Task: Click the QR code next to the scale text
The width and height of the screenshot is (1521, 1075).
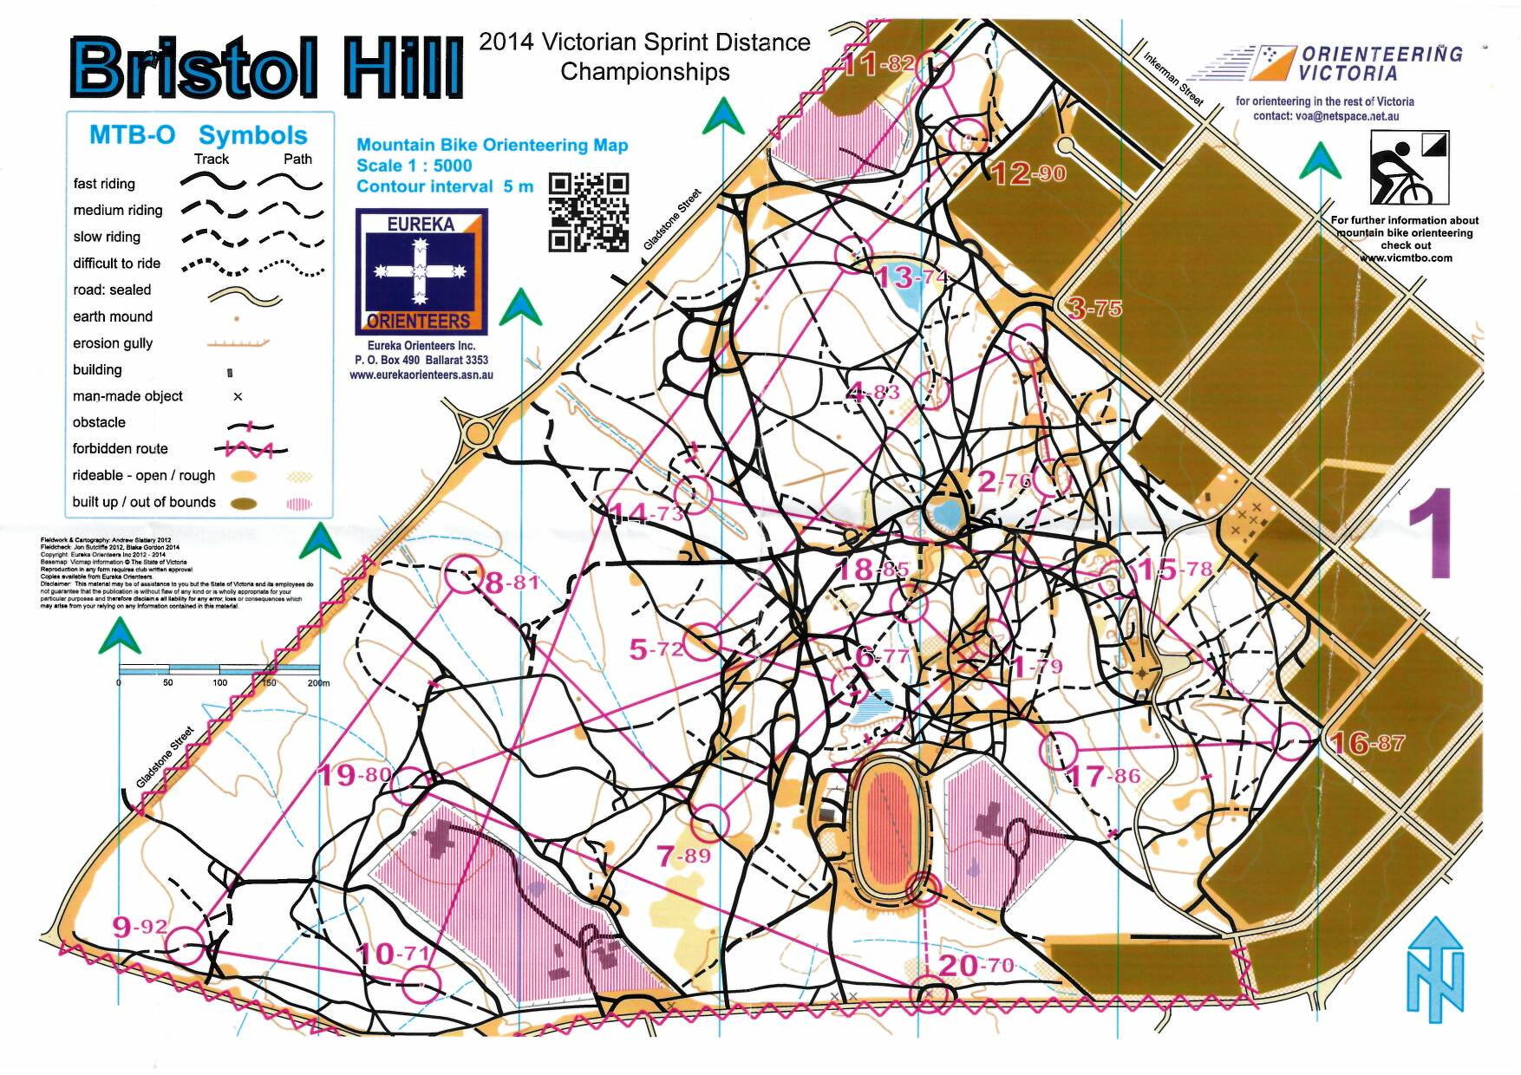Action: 589,212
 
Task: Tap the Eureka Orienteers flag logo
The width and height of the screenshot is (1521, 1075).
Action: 421,271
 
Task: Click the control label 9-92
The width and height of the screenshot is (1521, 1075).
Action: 140,926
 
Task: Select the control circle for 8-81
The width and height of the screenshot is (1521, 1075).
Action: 462,575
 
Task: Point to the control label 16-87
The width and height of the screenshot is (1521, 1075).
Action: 1367,743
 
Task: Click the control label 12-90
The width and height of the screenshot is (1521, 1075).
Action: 1028,173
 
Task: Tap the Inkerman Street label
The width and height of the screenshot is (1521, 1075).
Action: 1173,78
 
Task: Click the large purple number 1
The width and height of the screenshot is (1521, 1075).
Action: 1429,534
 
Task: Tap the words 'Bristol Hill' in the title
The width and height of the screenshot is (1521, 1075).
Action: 266,68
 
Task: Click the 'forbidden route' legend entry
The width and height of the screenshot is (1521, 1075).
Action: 121,449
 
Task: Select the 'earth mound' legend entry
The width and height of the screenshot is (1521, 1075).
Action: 113,316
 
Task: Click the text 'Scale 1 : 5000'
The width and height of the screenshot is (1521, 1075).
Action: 414,166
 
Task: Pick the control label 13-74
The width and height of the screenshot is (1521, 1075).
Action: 910,277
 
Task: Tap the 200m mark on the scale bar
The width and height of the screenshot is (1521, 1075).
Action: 318,683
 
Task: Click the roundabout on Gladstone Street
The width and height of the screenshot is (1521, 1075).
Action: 478,431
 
